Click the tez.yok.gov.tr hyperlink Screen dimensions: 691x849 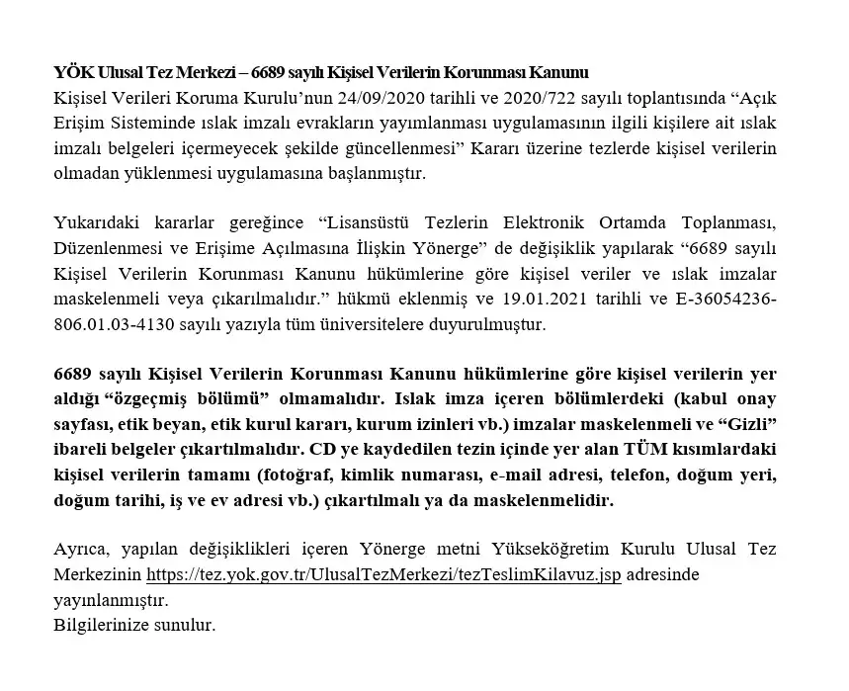[383, 574]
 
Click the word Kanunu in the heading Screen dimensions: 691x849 [560, 72]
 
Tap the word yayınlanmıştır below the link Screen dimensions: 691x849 [111, 600]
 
